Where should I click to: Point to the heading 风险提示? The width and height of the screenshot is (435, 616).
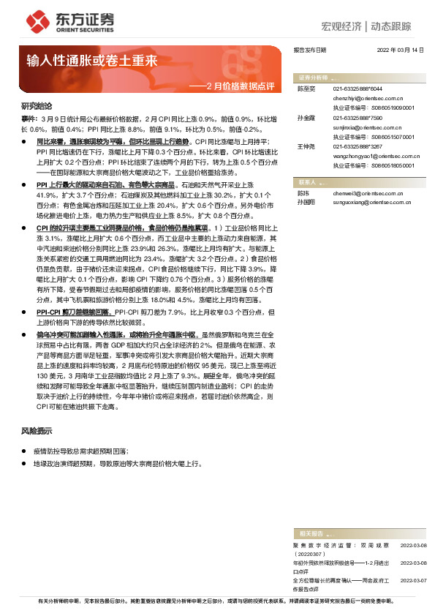pyautogui.click(x=37, y=431)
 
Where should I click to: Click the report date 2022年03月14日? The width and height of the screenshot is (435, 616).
pyautogui.click(x=401, y=49)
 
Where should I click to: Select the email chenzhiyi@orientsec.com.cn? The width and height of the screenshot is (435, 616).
pyautogui.click(x=368, y=97)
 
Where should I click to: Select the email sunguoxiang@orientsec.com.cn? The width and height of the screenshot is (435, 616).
pyautogui.click(x=371, y=200)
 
